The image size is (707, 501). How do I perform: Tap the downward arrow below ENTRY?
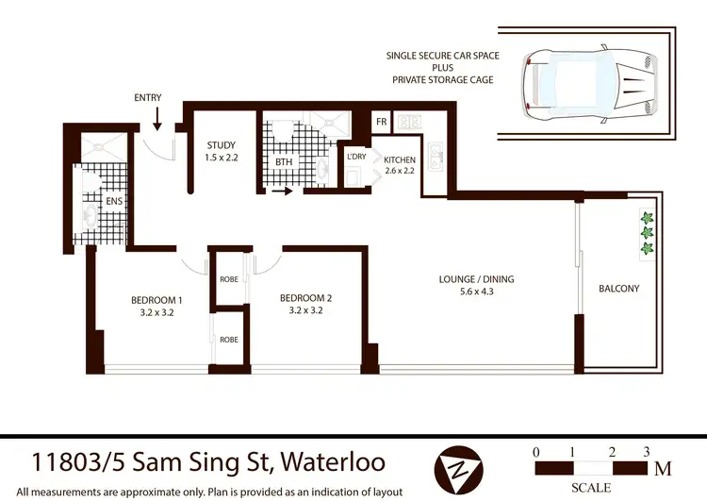point(156,119)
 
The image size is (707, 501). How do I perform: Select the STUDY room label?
point(222,145)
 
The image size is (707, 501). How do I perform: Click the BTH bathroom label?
point(284,162)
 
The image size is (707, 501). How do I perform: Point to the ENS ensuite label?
point(113,200)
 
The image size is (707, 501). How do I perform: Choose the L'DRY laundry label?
point(357,156)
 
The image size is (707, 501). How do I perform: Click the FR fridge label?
point(381,123)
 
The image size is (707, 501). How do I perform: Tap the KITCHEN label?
point(400,160)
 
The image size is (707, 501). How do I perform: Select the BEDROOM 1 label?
point(156,301)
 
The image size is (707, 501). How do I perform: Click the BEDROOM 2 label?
point(306,298)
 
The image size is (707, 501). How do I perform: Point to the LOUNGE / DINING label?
point(476,279)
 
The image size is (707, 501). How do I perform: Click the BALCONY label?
point(618,289)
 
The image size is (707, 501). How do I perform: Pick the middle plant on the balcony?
point(647,233)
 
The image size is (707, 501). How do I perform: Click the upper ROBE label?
point(229,280)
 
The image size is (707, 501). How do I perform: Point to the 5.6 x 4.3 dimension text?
point(476,292)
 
